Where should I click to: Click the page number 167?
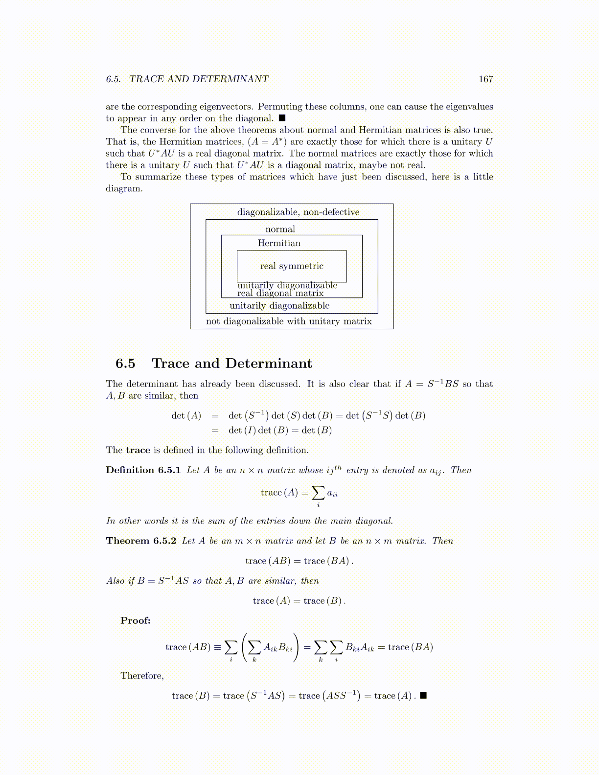coord(485,79)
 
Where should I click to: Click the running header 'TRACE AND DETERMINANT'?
coord(199,79)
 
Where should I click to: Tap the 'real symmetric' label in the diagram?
coord(292,266)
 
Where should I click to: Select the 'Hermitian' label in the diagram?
coord(279,243)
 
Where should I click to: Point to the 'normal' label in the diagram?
coord(280,229)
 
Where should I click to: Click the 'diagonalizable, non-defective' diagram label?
coord(298,212)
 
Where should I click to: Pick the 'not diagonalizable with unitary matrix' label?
coord(289,321)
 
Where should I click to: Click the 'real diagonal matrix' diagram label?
coord(280,294)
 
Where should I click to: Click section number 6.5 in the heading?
coord(125,364)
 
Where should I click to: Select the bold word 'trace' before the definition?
coord(138,450)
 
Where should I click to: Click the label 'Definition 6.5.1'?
coord(143,470)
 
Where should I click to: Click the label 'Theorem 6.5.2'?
coord(141,541)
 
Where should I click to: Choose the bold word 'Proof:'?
coord(136,621)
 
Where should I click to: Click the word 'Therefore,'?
coord(142,676)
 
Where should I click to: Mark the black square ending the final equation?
coord(424,695)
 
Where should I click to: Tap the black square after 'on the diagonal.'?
coord(282,118)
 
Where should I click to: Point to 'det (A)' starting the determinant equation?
coord(186,416)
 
